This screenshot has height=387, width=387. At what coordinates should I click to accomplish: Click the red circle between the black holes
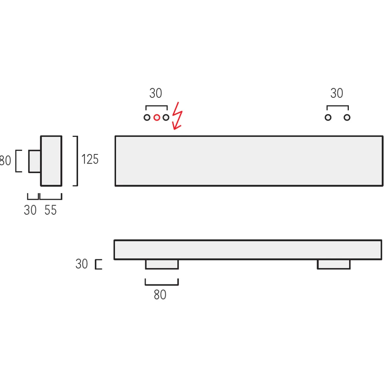pos(156,117)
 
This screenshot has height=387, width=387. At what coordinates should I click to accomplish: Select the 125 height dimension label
pos(90,159)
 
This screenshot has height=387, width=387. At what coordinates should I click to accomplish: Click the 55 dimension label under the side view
pos(51,210)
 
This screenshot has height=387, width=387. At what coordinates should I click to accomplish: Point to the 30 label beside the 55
pos(30,210)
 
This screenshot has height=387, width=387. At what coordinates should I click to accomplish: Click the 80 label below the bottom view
pos(160,295)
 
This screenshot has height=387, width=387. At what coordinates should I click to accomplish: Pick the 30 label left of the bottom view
pos(82,264)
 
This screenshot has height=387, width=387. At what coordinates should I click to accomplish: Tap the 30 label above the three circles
pos(156,93)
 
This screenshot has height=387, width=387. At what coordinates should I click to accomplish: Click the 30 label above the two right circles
pos(337,93)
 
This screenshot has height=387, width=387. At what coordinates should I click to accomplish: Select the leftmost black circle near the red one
pos(147,117)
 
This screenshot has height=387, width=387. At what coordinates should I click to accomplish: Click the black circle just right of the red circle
pos(166,117)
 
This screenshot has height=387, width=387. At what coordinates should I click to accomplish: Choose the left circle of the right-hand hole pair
pos(328,117)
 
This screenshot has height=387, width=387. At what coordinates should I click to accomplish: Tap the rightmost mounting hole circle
pos(347,117)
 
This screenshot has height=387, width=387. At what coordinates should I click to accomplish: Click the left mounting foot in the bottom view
pos(162,264)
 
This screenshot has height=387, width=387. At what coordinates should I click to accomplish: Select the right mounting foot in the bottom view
pos(334,264)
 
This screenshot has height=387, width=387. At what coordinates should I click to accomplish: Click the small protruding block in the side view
pos(35,161)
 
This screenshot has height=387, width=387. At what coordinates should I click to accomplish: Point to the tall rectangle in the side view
pos(51,161)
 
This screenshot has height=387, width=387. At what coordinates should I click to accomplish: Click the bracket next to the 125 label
pos(76,161)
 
